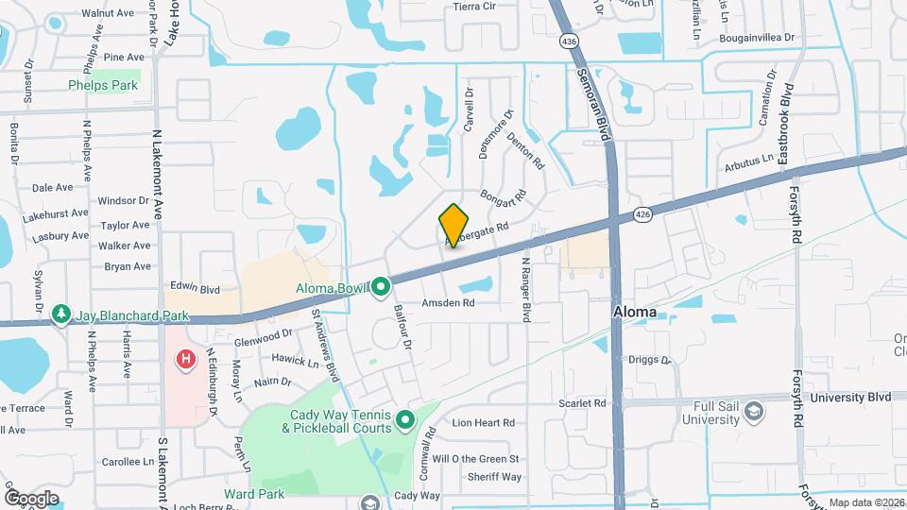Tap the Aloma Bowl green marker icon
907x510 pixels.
pyautogui.click(x=381, y=284)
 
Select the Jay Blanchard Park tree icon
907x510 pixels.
pyautogui.click(x=61, y=313)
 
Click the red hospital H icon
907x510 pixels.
pyautogui.click(x=186, y=359)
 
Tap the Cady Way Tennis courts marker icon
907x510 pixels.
pyautogui.click(x=405, y=418)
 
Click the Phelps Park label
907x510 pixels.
pyautogui.click(x=103, y=85)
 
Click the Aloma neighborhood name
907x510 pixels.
pyautogui.click(x=635, y=311)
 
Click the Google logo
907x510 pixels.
pyautogui.click(x=31, y=498)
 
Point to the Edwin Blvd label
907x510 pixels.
pyautogui.click(x=195, y=288)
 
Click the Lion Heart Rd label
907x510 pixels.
pyautogui.click(x=483, y=423)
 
